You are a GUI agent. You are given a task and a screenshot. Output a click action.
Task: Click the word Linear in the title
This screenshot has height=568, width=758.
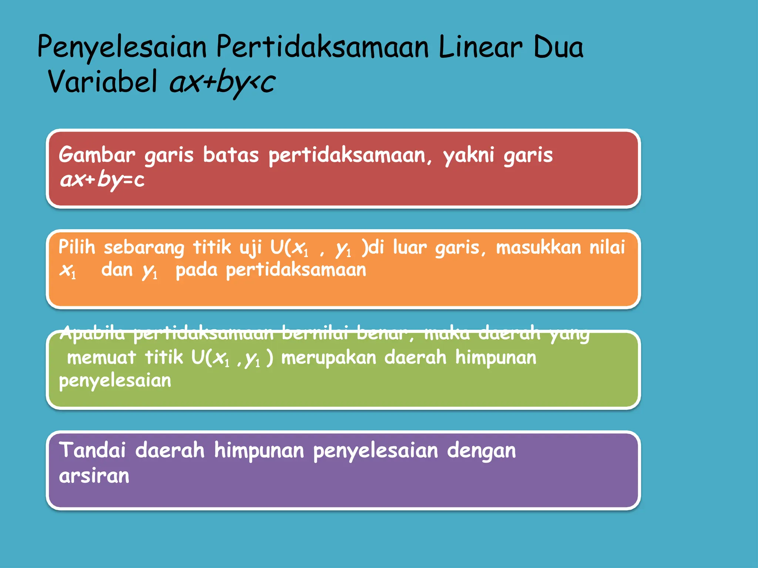(x=480, y=47)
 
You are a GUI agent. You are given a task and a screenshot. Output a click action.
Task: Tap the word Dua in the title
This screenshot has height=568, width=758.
(x=558, y=47)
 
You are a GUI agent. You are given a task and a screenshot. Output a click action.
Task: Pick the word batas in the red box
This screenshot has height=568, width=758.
(x=231, y=155)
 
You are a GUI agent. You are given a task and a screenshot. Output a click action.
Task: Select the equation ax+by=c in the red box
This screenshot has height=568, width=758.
(x=102, y=180)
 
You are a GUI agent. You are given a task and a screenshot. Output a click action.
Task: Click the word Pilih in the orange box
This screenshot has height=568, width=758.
(x=77, y=247)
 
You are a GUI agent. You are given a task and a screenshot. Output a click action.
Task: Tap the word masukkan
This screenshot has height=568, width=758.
(x=539, y=247)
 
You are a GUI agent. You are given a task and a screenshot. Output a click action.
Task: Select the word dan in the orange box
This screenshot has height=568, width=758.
(x=117, y=270)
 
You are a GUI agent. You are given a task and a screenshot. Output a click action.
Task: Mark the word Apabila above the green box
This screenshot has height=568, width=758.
(x=93, y=333)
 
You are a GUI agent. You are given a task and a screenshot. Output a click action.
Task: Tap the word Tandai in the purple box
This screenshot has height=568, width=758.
(x=93, y=450)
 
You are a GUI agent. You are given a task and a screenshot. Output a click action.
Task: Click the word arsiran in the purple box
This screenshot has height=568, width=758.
(x=94, y=476)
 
